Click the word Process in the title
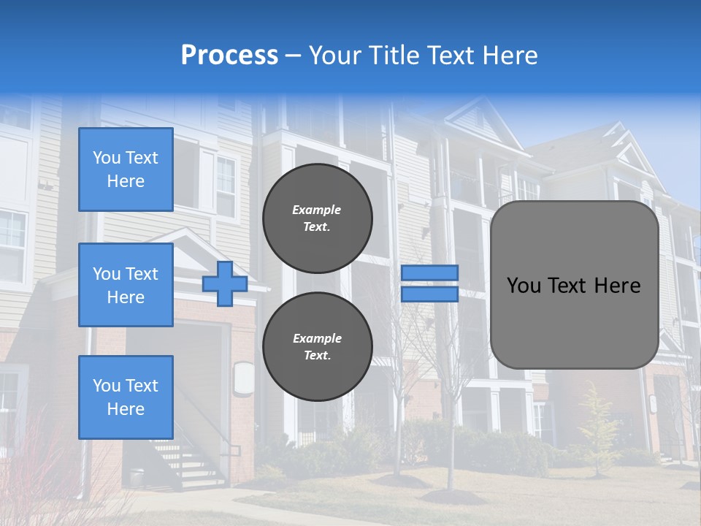click(x=229, y=56)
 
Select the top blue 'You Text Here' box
click(x=126, y=169)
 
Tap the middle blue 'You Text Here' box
click(x=126, y=285)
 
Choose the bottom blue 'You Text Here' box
click(x=126, y=397)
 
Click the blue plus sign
click(x=225, y=284)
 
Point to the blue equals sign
click(x=430, y=283)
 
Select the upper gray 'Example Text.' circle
click(x=318, y=218)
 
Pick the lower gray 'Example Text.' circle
click(x=318, y=346)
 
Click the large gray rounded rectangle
click(x=574, y=285)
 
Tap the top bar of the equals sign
click(x=430, y=273)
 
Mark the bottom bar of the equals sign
click(x=430, y=294)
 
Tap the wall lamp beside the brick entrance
click(x=244, y=380)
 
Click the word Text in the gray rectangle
click(x=574, y=286)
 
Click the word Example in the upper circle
click(x=317, y=210)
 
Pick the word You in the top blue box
click(x=107, y=158)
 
